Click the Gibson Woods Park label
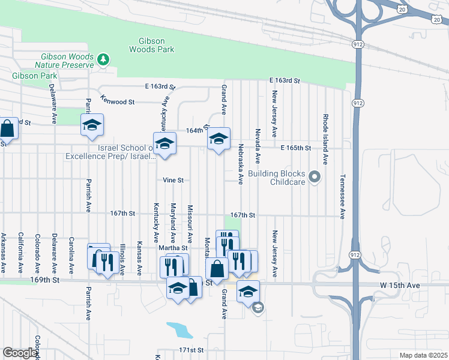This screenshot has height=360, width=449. pyautogui.click(x=148, y=46)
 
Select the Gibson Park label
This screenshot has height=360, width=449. pyautogui.click(x=35, y=76)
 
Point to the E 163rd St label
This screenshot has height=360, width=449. pyautogui.click(x=284, y=80)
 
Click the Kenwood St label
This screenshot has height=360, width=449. pyautogui.click(x=118, y=100)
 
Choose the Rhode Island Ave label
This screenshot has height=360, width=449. pyautogui.click(x=325, y=139)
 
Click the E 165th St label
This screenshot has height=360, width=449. pyautogui.click(x=295, y=148)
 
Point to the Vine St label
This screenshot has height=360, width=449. pyautogui.click(x=173, y=180)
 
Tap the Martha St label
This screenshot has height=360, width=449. pyautogui.click(x=173, y=248)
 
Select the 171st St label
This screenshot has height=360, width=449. pyautogui.click(x=191, y=350)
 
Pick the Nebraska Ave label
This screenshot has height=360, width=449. pyautogui.click(x=240, y=163)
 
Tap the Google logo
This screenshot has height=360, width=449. pyautogui.click(x=20, y=353)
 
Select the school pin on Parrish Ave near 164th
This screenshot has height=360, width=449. pyautogui.click(x=92, y=125)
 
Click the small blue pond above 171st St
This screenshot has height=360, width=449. pyautogui.click(x=178, y=330)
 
